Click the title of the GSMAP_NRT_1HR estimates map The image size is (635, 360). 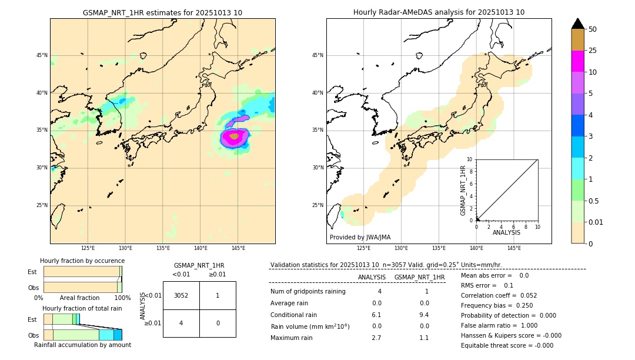pyautogui.click(x=162, y=12)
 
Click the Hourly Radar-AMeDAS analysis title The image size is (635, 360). pyautogui.click(x=439, y=12)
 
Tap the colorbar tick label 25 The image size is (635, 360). pyautogui.click(x=593, y=51)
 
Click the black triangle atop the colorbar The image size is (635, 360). pyautogui.click(x=578, y=24)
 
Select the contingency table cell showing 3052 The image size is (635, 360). pyautogui.click(x=181, y=295)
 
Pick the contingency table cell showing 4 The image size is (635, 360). pyautogui.click(x=181, y=323)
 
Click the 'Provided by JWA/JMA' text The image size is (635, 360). pyautogui.click(x=360, y=237)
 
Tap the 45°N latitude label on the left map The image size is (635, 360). pyautogui.click(x=42, y=55)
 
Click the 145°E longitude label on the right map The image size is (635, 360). pyautogui.click(x=514, y=248)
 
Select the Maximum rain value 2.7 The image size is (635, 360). pyautogui.click(x=376, y=338)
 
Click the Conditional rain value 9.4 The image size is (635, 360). pyautogui.click(x=424, y=315)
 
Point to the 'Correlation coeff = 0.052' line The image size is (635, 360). pyautogui.click(x=499, y=295)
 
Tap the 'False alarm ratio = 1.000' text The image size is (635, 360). pyautogui.click(x=499, y=325)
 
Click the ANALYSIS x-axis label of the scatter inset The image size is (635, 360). pyautogui.click(x=506, y=232)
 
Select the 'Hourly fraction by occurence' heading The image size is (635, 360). pyautogui.click(x=82, y=261)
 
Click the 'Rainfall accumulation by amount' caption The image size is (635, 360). pyautogui.click(x=82, y=345)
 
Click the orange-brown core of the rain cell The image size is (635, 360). pyautogui.click(x=234, y=136)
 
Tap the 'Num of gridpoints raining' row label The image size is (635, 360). pyautogui.click(x=308, y=291)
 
